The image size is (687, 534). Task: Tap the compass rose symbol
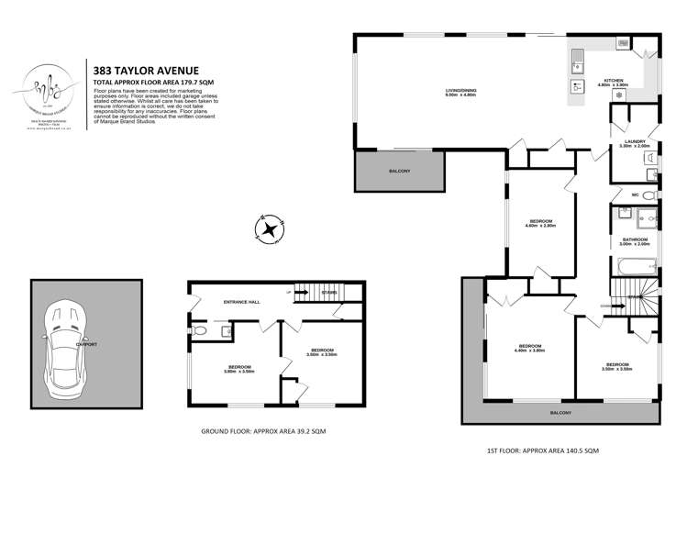(x=271, y=228)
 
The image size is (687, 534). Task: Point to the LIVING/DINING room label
(x=461, y=91)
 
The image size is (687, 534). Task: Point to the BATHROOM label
(x=635, y=240)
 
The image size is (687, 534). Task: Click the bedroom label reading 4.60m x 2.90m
(x=541, y=223)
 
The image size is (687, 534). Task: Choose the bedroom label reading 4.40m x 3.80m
(x=529, y=348)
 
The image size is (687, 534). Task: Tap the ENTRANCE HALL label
(x=242, y=302)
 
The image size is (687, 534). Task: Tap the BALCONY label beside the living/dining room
(x=399, y=172)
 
